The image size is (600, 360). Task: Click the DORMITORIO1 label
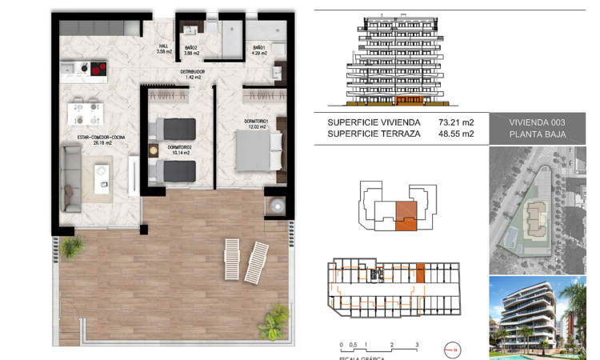point(259,123)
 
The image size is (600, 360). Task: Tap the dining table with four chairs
point(83,113)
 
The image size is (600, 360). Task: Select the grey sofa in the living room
point(70,178)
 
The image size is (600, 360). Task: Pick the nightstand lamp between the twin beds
point(153,149)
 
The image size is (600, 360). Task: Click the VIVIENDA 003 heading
point(537,122)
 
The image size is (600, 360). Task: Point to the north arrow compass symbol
point(454,350)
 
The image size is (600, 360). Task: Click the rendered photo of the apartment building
point(537,318)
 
